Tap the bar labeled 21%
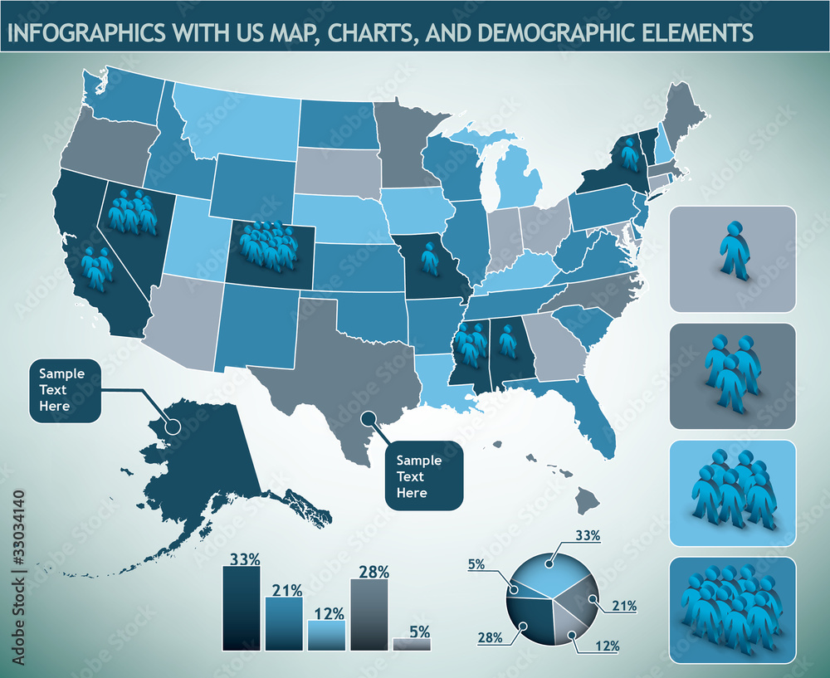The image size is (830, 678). (x=284, y=624)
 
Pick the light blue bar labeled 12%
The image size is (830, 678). (x=326, y=636)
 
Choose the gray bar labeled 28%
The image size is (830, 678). (x=369, y=614)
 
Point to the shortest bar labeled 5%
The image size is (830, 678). (x=412, y=644)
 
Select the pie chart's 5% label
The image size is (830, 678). (x=476, y=564)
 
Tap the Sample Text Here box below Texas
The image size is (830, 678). (x=423, y=476)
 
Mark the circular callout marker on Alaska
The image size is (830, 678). (x=173, y=426)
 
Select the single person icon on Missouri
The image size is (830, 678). (x=429, y=259)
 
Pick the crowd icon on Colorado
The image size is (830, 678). (x=267, y=246)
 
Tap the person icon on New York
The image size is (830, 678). (x=630, y=155)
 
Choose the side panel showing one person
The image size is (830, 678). (x=732, y=259)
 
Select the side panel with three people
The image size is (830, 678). (x=732, y=376)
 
